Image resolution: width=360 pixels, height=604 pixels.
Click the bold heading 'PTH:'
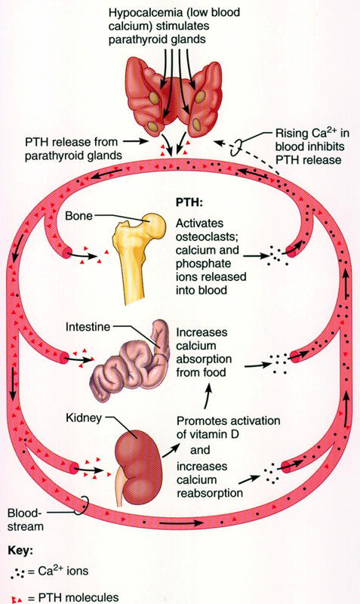click(189, 203)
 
